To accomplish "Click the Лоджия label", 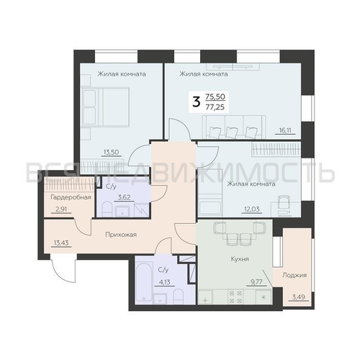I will point(295,275).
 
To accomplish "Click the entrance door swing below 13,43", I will point(61,274).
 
